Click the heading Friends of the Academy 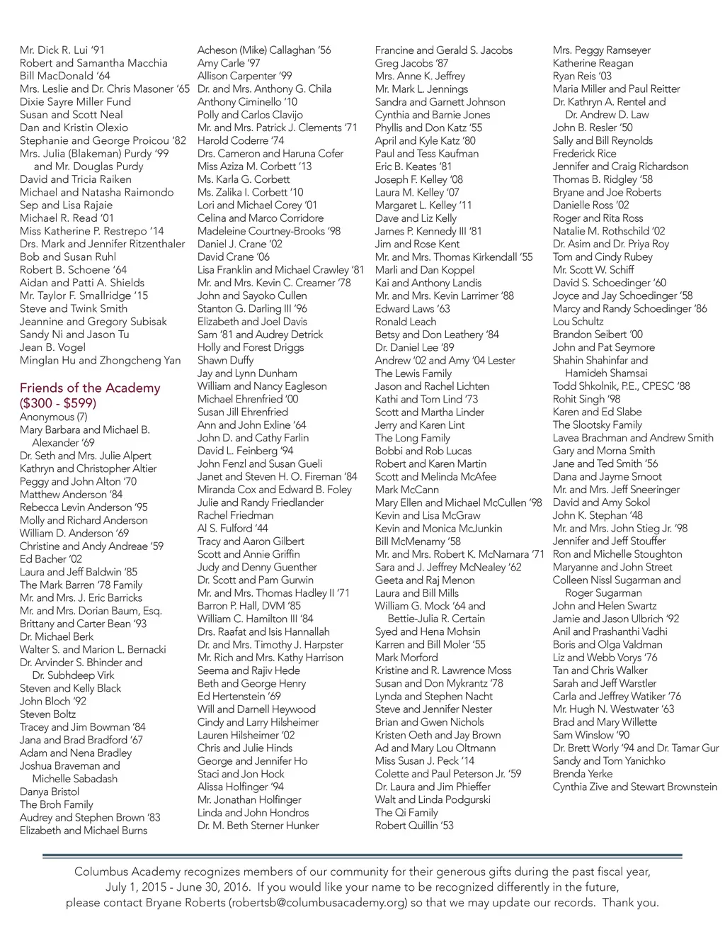tap(90, 388)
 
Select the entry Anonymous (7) tap(54, 417)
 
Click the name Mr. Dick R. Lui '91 tap(62, 50)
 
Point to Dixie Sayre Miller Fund tap(75, 102)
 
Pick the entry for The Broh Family tap(57, 804)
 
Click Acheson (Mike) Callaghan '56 tap(264, 50)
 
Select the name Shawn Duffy tap(225, 360)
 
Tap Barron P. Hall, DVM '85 tap(249, 606)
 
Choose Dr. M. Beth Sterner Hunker tap(258, 826)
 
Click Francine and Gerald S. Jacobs tap(444, 50)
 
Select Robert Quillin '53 tap(414, 826)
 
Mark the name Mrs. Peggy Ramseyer tap(602, 50)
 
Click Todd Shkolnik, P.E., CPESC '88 tap(622, 386)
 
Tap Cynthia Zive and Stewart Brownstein tap(635, 787)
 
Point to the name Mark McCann tap(407, 490)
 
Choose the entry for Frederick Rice tap(585, 154)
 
